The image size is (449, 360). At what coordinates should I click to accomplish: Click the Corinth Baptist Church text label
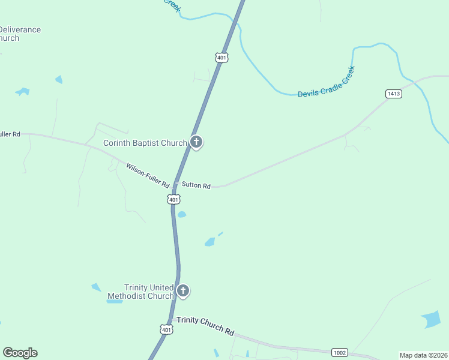click(x=145, y=143)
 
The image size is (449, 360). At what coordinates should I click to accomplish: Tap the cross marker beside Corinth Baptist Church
click(x=196, y=142)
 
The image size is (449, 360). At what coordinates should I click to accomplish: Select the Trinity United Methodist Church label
click(x=140, y=292)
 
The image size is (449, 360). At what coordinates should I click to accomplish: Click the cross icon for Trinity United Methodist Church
click(x=183, y=292)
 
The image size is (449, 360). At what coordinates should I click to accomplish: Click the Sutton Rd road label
click(x=196, y=186)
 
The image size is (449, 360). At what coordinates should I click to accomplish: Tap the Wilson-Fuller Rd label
click(x=148, y=176)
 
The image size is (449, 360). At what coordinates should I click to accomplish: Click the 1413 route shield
click(x=394, y=94)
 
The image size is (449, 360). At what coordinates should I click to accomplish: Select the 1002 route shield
click(x=339, y=353)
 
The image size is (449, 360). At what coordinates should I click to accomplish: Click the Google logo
click(x=20, y=353)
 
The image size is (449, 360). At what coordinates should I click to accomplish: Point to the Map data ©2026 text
click(x=423, y=355)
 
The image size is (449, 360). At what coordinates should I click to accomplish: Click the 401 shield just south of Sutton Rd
click(x=173, y=199)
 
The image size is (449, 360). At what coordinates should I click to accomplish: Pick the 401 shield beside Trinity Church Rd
click(x=166, y=329)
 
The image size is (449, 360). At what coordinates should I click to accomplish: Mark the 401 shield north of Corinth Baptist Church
click(x=221, y=58)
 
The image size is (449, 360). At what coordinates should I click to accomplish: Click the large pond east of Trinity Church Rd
click(x=431, y=319)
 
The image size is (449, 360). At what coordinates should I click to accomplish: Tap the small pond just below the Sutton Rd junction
click(x=182, y=214)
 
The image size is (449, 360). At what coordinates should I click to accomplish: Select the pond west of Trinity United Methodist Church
click(x=97, y=287)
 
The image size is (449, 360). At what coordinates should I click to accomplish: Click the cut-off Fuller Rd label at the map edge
click(x=10, y=134)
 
